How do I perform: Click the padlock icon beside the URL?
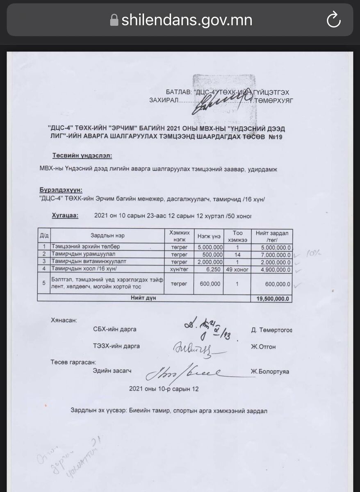coord(114,20)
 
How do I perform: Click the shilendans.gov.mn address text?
coord(187,20)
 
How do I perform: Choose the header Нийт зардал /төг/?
coord(272,236)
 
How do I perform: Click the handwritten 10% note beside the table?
coord(313,253)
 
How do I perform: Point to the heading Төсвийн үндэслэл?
coord(82,156)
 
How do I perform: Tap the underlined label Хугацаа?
coord(65,215)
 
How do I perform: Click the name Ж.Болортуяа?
coord(270,372)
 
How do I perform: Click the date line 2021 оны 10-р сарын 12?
coord(164,389)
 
